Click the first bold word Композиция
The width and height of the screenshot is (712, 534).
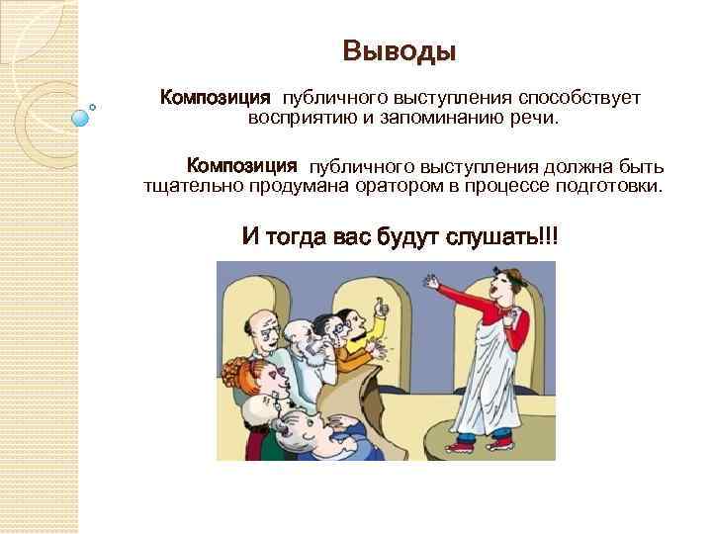(x=216, y=99)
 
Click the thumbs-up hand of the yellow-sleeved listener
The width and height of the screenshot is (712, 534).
(x=382, y=313)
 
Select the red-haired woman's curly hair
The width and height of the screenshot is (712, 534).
(x=245, y=377)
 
